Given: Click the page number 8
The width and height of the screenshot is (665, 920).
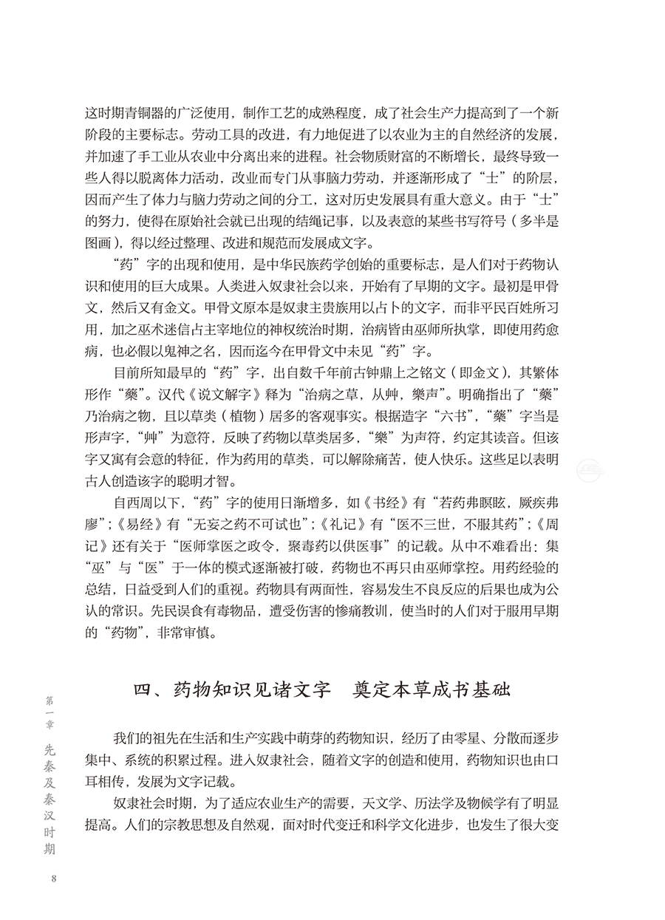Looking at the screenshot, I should point(52,878).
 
